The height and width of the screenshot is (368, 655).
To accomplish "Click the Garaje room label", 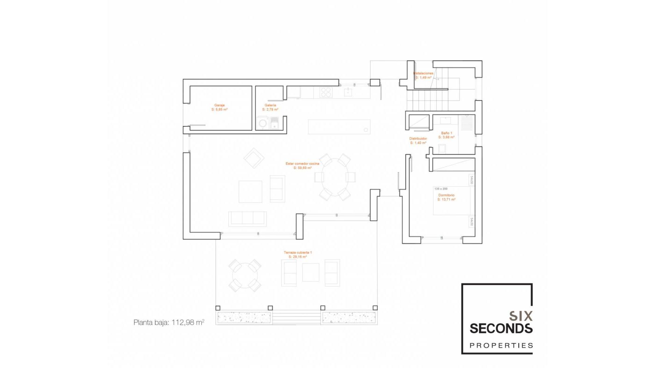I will tap(219, 107).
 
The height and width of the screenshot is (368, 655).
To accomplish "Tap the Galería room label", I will tap(270, 107).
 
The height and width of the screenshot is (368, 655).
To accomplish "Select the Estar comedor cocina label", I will tap(302, 166).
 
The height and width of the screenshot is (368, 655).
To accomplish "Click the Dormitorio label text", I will tap(446, 197).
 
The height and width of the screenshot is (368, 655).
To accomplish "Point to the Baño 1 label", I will tap(446, 135).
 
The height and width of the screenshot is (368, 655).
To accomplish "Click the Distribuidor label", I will tap(418, 141).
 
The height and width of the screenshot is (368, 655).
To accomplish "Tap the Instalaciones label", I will tap(423, 75).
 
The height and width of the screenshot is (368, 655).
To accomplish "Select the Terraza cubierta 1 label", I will tap(297, 255).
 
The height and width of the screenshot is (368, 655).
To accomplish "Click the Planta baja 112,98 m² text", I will tap(169, 322).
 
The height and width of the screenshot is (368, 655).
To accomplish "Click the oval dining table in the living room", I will tap(335, 177).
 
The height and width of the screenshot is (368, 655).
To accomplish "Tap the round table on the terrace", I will tap(244, 275).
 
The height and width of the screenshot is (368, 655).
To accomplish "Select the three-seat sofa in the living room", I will tap(247, 218).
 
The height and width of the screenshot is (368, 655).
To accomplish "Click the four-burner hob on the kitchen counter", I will tap(325, 92).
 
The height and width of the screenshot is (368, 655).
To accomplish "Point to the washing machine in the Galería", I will tap(263, 123).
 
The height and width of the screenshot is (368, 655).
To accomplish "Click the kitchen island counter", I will tap(339, 126).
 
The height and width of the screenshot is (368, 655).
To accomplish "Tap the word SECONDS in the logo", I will tap(501, 328).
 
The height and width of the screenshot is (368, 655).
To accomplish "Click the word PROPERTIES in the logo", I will tap(501, 346).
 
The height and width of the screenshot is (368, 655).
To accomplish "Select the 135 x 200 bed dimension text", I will tap(441, 189).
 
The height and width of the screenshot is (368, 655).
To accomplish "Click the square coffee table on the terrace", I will tap(310, 273).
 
